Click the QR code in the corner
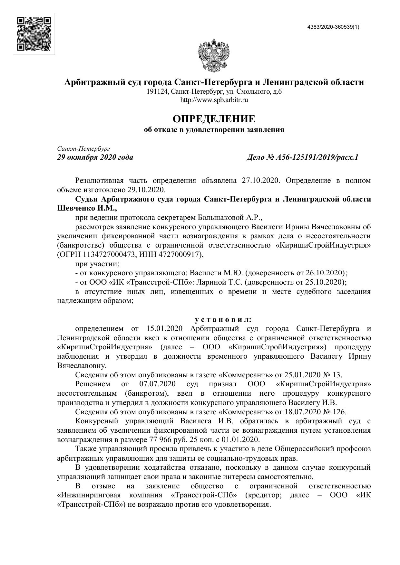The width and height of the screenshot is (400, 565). [34, 34]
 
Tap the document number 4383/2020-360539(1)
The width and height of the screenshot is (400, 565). [333, 27]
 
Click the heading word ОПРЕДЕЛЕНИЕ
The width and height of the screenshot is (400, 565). [214, 119]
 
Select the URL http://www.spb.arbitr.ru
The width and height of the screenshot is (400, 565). [214, 100]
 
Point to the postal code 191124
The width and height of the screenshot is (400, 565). [157, 92]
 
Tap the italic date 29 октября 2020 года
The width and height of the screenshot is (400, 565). [95, 157]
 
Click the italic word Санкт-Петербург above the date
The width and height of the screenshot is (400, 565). [83, 149]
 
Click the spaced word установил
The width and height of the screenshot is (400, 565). [223, 320]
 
